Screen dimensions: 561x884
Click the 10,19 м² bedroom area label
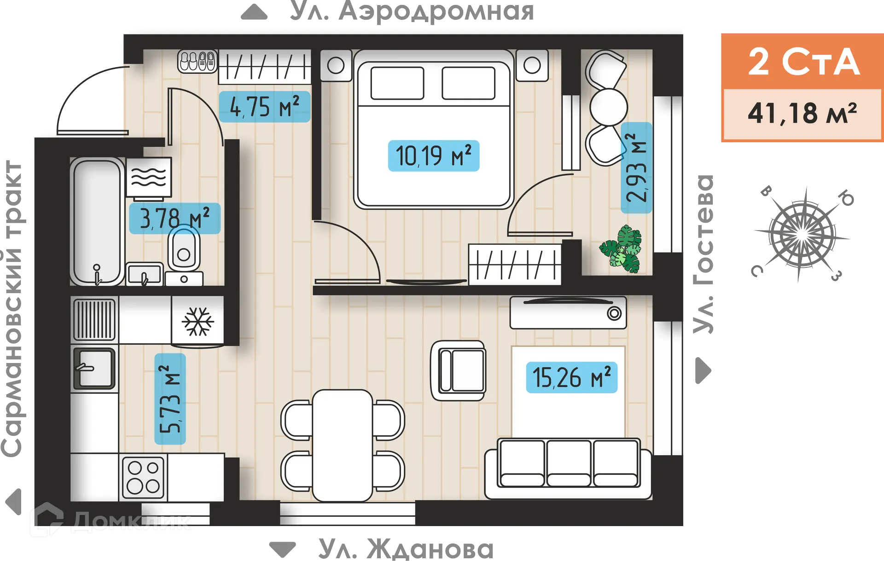click(x=433, y=156)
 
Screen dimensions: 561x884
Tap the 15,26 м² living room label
click(x=571, y=377)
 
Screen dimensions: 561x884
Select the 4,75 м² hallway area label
click(x=264, y=107)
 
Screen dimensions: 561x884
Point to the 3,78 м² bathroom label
click(x=174, y=218)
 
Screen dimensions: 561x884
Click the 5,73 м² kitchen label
click(x=170, y=399)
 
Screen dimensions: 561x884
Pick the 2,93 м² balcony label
click(x=636, y=168)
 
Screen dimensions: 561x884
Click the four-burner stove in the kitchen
click(x=143, y=477)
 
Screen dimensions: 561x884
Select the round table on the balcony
click(x=609, y=106)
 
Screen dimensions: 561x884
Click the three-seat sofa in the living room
click(x=569, y=468)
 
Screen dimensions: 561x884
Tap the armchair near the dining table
click(x=458, y=371)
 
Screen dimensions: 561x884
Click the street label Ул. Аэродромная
click(x=412, y=12)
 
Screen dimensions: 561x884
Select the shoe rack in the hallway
click(x=198, y=61)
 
